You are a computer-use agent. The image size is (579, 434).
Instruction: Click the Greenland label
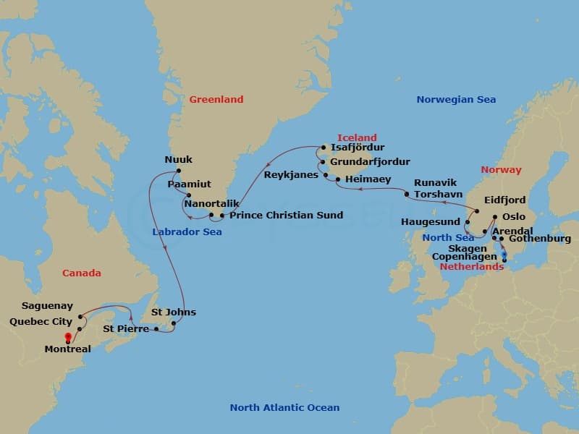216,99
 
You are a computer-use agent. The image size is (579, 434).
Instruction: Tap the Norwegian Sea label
456,99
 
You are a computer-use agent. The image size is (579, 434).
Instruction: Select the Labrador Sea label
187,232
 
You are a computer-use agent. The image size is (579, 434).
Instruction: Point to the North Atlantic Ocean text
284,407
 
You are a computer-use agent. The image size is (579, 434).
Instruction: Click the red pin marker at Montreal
68,337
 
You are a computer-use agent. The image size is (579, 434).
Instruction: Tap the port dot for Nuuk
177,171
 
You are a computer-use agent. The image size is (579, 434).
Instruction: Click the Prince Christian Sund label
286,216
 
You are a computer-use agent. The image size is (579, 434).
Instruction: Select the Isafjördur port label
357,148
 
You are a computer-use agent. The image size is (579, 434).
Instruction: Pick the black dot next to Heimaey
338,178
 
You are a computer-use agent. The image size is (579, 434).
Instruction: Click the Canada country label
82,273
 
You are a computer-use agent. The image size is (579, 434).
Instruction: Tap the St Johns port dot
174,323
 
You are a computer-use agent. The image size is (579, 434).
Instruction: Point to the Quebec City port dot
79,329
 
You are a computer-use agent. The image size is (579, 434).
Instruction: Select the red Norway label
501,170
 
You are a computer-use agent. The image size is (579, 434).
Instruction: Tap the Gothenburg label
539,238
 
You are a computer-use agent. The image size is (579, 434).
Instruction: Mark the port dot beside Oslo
495,217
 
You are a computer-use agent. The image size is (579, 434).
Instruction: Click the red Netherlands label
471,266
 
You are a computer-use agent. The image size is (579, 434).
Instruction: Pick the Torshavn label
438,194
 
